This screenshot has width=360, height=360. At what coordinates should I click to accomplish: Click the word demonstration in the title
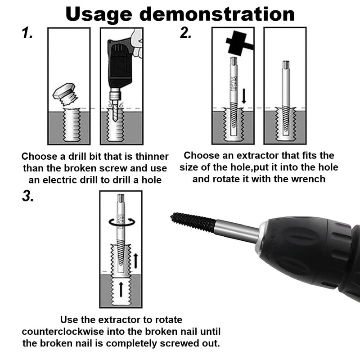click(217, 14)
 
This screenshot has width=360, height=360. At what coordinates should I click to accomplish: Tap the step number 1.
click(27, 32)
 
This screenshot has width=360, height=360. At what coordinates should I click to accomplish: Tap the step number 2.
click(185, 32)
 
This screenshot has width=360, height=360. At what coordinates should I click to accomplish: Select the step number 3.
click(28, 196)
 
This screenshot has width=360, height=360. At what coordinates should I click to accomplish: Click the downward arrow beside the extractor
click(244, 95)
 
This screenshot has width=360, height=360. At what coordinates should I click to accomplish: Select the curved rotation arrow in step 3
click(121, 222)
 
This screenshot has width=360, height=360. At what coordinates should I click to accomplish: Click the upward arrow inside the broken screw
click(121, 289)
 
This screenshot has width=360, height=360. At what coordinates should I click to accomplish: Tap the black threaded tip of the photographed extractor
click(193, 221)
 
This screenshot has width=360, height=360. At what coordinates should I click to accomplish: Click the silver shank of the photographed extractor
click(237, 230)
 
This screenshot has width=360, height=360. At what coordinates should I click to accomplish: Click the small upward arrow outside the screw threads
click(136, 261)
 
